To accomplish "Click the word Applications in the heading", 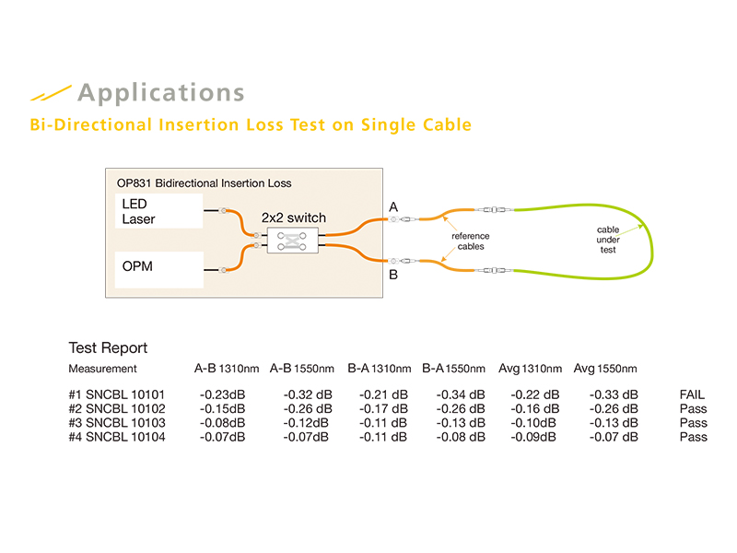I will point(161,93).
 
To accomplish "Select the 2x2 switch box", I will point(292,239).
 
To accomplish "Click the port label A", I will point(393,208).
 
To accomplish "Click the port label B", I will point(393,274).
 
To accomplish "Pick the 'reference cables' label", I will point(470,241).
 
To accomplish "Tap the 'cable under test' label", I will point(607,237).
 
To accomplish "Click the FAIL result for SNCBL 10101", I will point(692,395).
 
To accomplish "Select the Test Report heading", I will point(108,348).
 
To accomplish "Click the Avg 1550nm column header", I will point(605,369).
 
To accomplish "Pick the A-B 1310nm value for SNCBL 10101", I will point(222,395).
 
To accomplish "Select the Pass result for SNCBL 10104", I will point(693,437).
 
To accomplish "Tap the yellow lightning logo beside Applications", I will point(50,93).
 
